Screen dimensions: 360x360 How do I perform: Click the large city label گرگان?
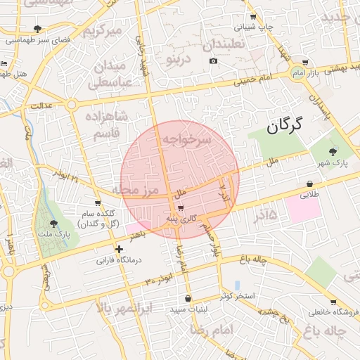283,127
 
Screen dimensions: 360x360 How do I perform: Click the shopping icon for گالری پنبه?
181,207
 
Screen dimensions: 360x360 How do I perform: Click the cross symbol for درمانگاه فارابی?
120,249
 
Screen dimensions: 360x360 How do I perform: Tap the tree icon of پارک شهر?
333,151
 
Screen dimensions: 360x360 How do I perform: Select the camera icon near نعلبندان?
214,60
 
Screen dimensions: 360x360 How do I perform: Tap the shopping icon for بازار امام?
304,63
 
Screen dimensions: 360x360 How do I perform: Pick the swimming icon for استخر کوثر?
238,285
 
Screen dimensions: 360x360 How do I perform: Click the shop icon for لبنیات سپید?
188,298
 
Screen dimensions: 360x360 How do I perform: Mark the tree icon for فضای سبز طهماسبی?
37,29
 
